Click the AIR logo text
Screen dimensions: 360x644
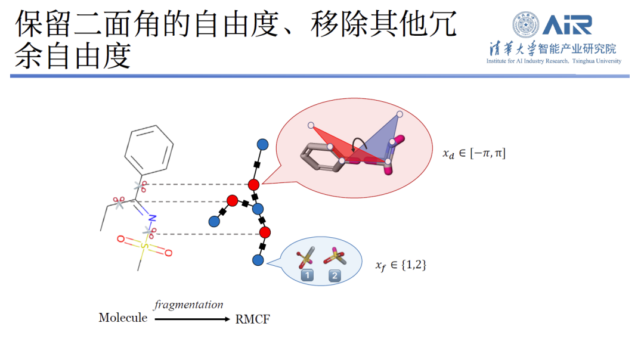click(566, 25)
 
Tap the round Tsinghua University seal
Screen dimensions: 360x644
click(525, 26)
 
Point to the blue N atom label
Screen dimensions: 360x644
click(152, 218)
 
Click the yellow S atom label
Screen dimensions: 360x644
click(143, 246)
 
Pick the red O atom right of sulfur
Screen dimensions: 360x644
click(168, 253)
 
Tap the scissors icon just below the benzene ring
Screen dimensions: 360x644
click(141, 185)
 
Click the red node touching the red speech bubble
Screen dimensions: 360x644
click(253, 184)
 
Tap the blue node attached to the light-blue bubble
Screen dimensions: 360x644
click(258, 260)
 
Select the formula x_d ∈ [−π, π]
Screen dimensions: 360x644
click(473, 154)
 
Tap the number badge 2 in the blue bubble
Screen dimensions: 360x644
click(335, 275)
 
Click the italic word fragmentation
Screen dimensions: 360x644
click(188, 305)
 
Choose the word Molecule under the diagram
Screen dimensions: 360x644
click(123, 318)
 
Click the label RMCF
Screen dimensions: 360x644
click(253, 319)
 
